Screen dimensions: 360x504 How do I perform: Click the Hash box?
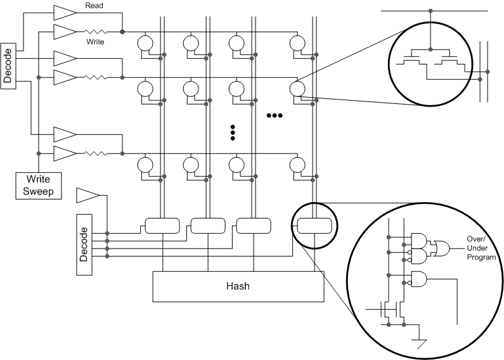[x=238, y=286]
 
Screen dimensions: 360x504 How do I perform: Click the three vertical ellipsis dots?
[x=233, y=132]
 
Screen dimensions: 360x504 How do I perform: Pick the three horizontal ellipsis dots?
[x=275, y=115]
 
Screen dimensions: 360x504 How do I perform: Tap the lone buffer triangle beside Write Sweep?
[x=86, y=195]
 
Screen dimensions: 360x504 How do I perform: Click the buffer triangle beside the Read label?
[x=64, y=12]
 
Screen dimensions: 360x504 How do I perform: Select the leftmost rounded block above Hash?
[x=164, y=225]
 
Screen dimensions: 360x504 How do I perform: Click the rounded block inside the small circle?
[x=314, y=225]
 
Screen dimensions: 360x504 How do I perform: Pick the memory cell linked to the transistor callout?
[x=296, y=88]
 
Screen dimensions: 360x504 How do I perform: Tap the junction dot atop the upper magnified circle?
[x=431, y=11]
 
